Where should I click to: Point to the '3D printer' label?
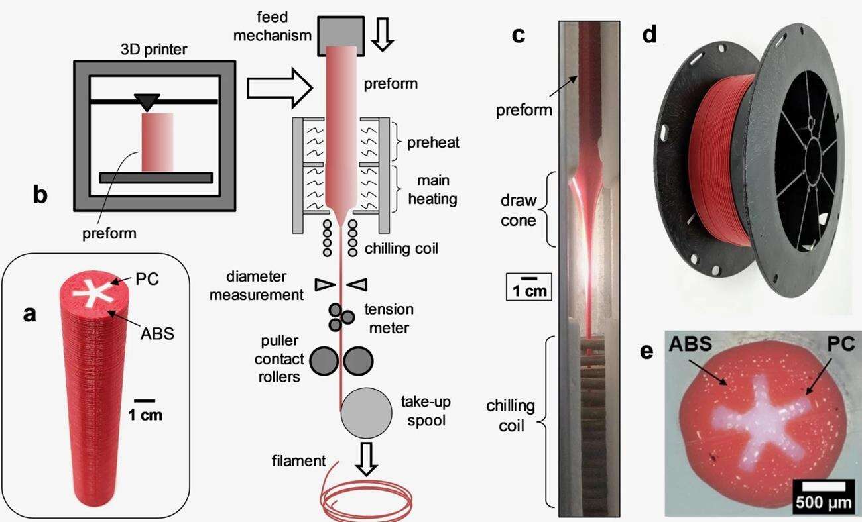point(154,50)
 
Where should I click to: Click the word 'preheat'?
point(424,142)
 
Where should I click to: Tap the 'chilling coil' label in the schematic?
point(401,249)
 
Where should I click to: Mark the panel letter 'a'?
point(30,314)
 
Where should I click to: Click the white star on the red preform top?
point(90,292)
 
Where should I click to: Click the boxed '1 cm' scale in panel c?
point(528,286)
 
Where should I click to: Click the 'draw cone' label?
point(517,209)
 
